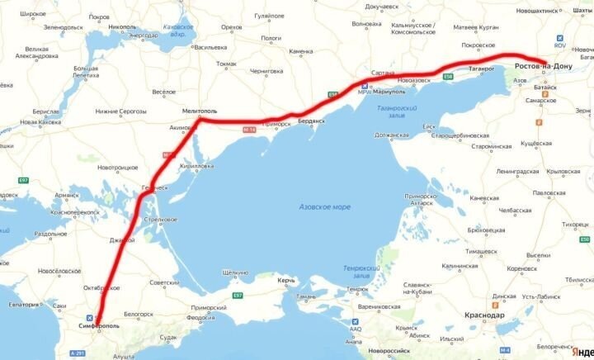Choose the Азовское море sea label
[x=324, y=206]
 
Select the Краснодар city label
[x=485, y=315]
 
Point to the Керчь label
[x=286, y=282]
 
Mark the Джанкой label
[x=121, y=240]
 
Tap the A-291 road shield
[x=78, y=353]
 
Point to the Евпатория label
[x=21, y=305]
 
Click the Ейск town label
[x=429, y=126]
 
